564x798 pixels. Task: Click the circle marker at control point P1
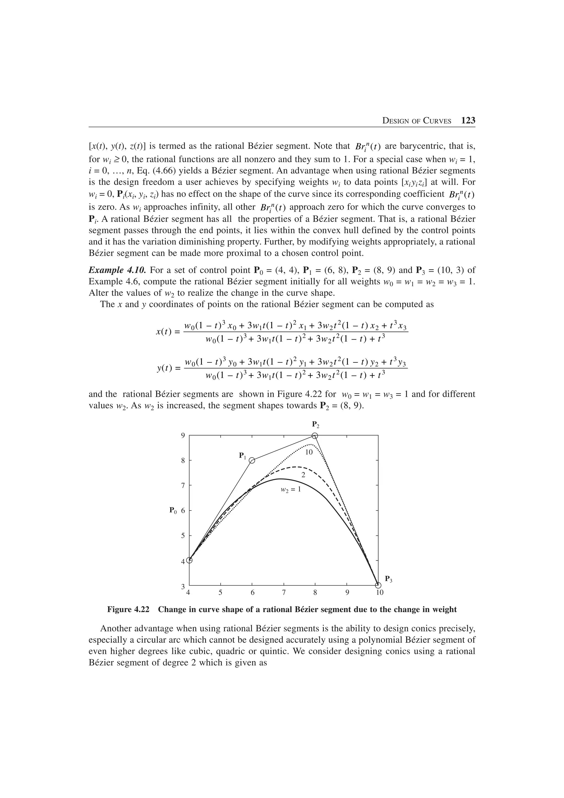click(252, 460)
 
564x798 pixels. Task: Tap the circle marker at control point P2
click(315, 436)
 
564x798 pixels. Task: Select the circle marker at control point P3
click(378, 586)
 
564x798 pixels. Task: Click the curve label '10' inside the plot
click(309, 452)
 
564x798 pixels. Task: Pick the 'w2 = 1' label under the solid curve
click(291, 490)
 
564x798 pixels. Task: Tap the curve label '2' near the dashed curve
click(303, 475)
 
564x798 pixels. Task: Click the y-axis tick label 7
click(183, 485)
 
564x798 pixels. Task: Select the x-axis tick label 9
click(347, 593)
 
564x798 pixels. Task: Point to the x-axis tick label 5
click(221, 593)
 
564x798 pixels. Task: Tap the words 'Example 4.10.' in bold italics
click(118, 270)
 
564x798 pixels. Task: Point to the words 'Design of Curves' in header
click(417, 121)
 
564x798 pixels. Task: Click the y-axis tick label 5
click(183, 536)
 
